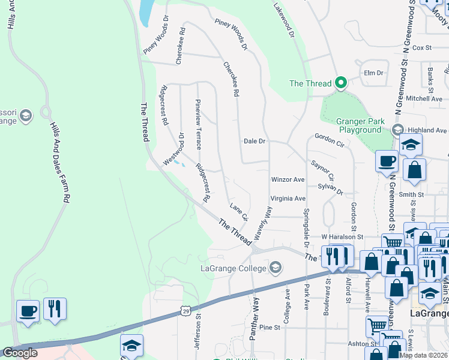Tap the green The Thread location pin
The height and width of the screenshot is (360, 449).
pos(341,83)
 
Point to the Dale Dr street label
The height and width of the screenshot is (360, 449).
pos(255,142)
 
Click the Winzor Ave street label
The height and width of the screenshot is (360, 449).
pos(288,179)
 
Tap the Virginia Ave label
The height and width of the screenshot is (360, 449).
pos(288,199)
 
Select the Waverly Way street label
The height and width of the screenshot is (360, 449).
pos(263,223)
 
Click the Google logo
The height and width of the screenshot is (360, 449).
pos(20,353)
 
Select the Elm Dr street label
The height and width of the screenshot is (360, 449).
pos(373,73)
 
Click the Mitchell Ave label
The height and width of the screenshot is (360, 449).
pos(424,98)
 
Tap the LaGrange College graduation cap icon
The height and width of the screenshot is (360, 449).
pos(276,268)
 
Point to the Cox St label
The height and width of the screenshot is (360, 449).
pos(422,47)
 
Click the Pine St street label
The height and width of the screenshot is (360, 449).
pos(270,328)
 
